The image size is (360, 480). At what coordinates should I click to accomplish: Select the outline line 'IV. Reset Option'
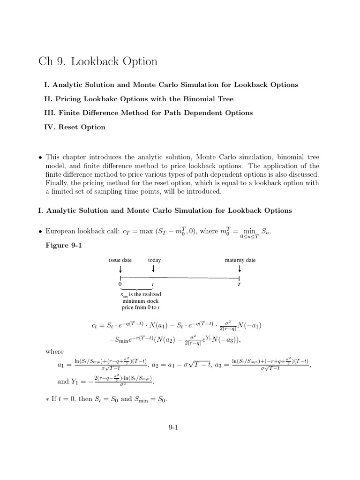click(x=75, y=127)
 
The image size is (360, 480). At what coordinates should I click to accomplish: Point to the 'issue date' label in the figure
click(x=120, y=260)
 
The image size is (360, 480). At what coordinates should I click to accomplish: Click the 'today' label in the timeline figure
click(x=154, y=260)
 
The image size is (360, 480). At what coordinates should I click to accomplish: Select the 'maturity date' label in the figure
click(x=240, y=260)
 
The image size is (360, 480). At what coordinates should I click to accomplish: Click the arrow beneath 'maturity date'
click(x=240, y=269)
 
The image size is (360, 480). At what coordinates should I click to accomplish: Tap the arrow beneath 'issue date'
click(x=120, y=269)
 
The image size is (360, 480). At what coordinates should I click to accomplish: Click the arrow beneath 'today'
click(x=154, y=269)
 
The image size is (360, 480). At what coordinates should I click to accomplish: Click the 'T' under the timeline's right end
click(x=240, y=284)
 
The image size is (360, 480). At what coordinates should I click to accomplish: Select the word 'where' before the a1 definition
click(x=54, y=352)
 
